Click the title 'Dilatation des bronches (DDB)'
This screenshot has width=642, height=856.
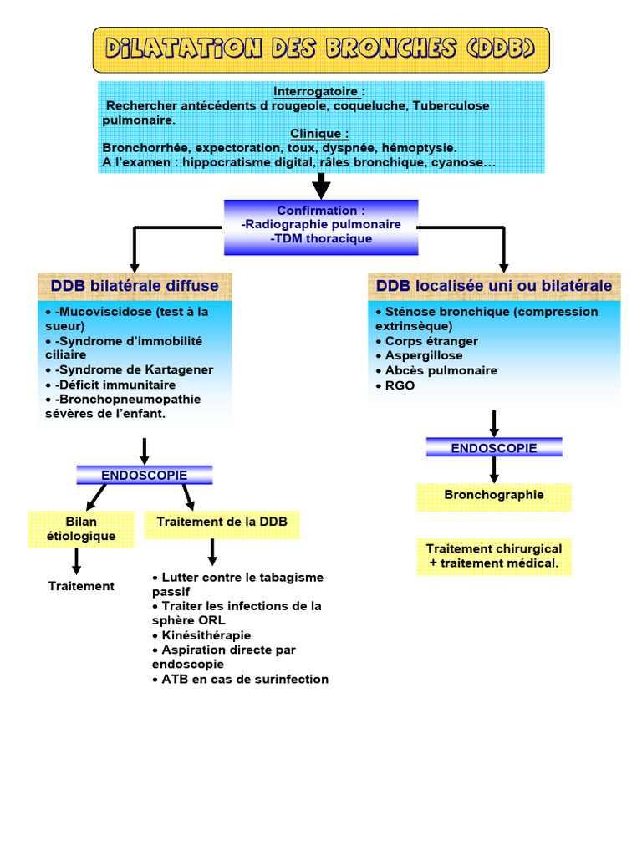(321, 48)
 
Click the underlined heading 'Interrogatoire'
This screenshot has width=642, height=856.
(318, 91)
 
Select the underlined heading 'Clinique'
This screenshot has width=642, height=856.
(318, 134)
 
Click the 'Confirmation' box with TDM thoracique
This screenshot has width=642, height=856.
(321, 226)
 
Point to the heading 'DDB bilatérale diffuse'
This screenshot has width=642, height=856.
(135, 286)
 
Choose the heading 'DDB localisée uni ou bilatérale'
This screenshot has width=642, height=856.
(494, 286)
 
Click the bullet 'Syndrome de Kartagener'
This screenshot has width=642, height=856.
(132, 369)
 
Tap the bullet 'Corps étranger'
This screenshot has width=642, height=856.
(431, 341)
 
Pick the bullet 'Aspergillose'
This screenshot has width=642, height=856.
(423, 355)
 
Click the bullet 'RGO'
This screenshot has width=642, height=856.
(400, 385)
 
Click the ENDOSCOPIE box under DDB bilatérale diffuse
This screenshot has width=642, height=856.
(145, 475)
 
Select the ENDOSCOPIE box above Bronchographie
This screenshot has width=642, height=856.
(494, 448)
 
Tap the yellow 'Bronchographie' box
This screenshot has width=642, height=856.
(494, 495)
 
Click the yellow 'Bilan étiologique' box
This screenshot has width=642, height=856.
(81, 529)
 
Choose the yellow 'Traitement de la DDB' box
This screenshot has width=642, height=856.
(222, 522)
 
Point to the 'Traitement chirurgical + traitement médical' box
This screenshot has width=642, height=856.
(494, 557)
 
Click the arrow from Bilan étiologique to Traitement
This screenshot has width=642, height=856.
(77, 560)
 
